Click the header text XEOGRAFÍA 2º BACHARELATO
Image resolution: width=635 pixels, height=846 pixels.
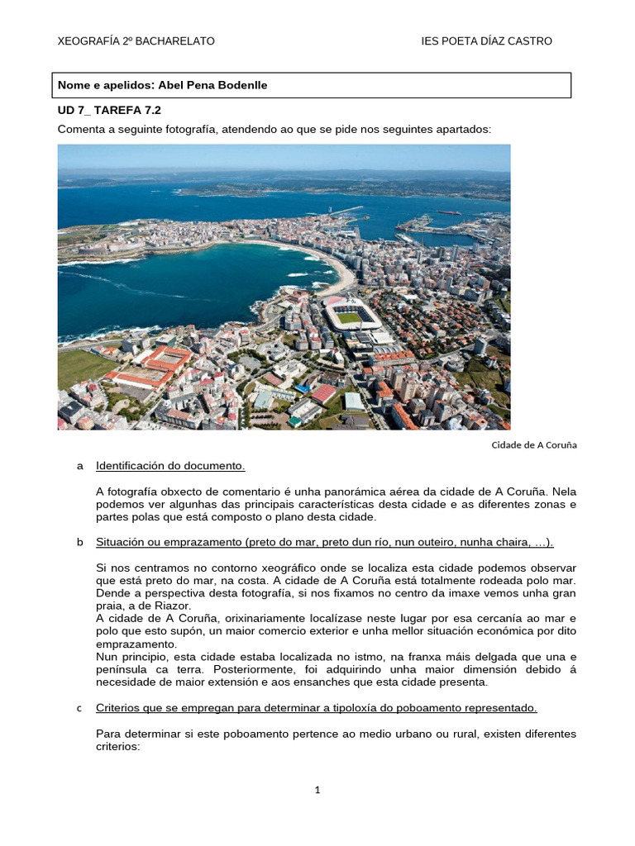pos(136,41)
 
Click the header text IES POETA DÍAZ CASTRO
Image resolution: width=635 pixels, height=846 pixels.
pos(486,41)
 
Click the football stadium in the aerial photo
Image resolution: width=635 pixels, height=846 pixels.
pos(350,316)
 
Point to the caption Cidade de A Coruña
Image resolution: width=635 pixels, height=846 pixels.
pos(533,444)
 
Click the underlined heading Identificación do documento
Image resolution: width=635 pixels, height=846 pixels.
pos(170,466)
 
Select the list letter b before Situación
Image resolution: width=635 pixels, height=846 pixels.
pos(79,542)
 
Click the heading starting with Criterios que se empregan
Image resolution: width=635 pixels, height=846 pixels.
pos(317,708)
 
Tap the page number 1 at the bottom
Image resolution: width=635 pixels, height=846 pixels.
pos(317,790)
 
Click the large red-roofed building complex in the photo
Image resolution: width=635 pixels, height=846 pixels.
pos(155,365)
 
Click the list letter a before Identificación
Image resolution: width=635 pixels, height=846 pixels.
pos(79,466)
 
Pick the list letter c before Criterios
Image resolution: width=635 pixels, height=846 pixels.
pos(79,708)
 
